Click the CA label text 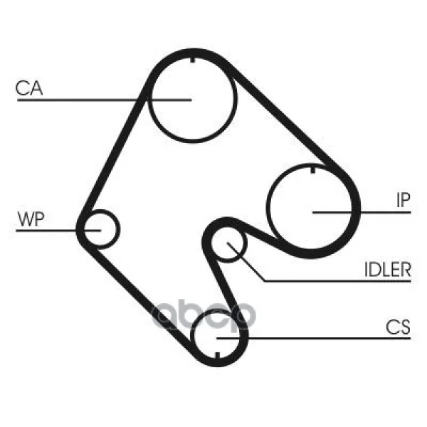tap(29, 88)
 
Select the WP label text tap(31, 219)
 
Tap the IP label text tap(404, 200)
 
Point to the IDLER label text tap(388, 270)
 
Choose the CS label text tap(398, 327)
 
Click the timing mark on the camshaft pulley tap(193, 60)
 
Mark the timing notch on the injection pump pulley tap(313, 170)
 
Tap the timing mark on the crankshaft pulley tap(217, 355)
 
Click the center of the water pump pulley tap(101, 230)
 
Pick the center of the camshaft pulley tap(192, 100)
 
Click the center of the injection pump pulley tap(312, 212)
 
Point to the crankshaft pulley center tap(217, 338)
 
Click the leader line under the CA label tap(105, 100)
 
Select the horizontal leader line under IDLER tap(337, 280)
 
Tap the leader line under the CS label tap(313, 338)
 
